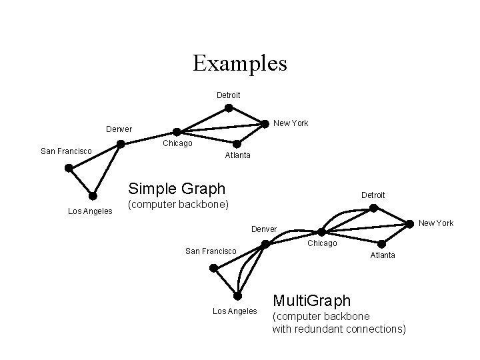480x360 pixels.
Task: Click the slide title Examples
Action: [240, 63]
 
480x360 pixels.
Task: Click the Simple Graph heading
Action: [177, 188]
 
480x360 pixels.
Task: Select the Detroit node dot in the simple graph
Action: [229, 108]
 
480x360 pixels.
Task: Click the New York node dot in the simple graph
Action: [266, 123]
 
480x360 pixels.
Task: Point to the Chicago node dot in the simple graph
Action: [177, 132]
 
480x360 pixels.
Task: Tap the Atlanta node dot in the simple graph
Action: [237, 143]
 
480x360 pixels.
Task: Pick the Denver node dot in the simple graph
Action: [121, 143]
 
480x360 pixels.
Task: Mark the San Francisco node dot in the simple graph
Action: [68, 168]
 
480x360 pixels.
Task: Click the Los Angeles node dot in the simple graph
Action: [93, 196]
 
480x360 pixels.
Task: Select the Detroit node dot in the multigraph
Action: [373, 208]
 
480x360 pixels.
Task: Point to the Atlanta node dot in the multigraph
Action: [381, 243]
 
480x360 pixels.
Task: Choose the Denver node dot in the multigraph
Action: [265, 244]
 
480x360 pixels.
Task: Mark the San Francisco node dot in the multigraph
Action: [213, 268]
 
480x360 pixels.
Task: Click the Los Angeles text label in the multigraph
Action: [234, 311]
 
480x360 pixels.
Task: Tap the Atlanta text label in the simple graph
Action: [238, 155]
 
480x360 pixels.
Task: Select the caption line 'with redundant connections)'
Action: [339, 328]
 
